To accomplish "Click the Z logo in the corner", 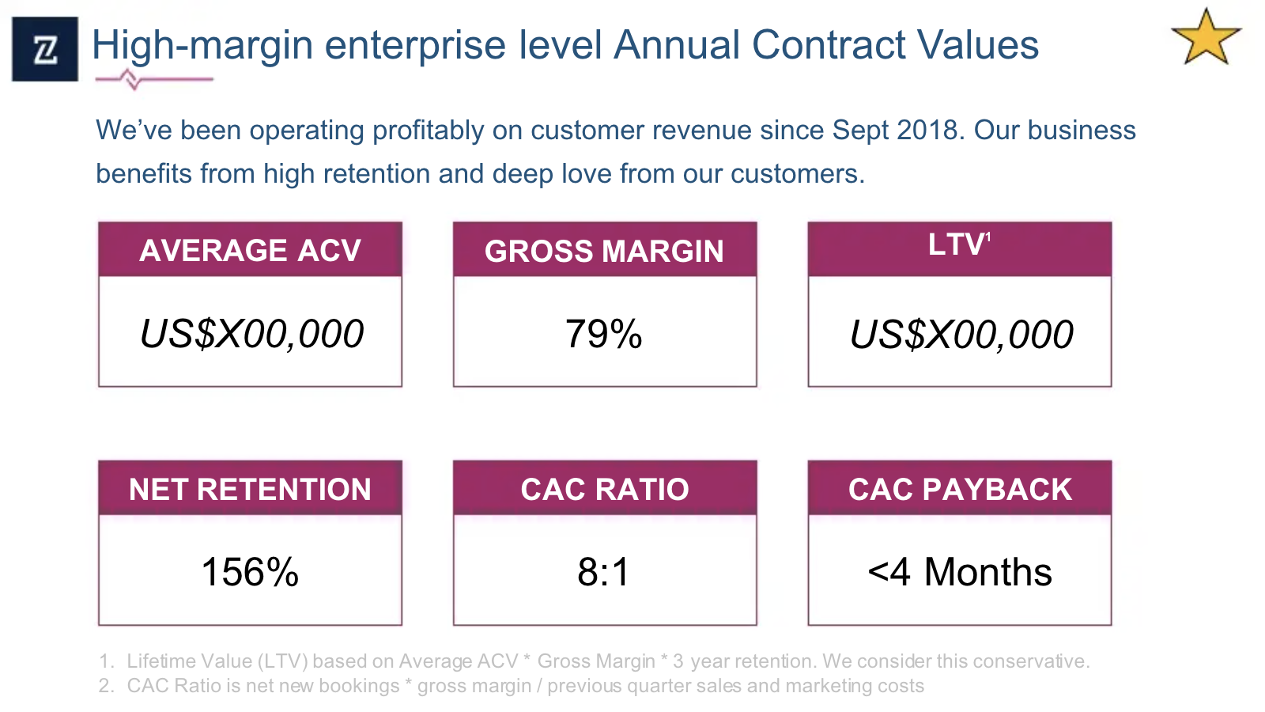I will click(45, 49).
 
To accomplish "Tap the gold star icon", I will click(1206, 38).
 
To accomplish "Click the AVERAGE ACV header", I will click(250, 250).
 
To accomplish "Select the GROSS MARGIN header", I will click(604, 251).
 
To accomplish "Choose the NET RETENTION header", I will click(250, 489).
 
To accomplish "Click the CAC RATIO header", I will click(604, 489).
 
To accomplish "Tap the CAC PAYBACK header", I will click(960, 489).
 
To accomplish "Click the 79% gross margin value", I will click(604, 333).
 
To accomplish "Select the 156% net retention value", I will click(250, 572).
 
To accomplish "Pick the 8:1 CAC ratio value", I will click(604, 572).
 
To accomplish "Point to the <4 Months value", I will click(960, 572).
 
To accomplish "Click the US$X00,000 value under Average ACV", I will click(251, 333).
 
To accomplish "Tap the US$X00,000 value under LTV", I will click(961, 334).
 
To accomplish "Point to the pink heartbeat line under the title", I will click(153, 79).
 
